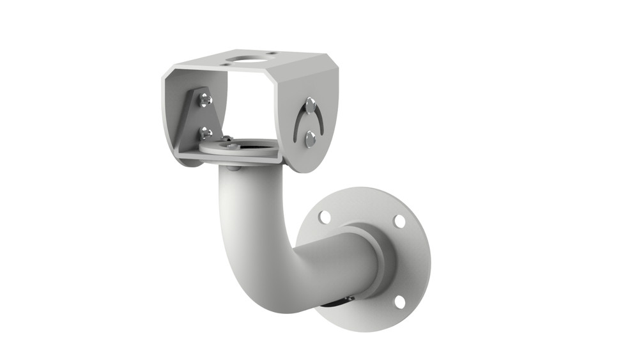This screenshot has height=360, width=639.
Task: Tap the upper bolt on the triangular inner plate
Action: (x=204, y=100)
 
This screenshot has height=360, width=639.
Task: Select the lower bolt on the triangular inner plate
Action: (x=205, y=133)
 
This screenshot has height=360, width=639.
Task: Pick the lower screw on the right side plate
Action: (x=310, y=138)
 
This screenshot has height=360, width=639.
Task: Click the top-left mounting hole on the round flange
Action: (x=325, y=217)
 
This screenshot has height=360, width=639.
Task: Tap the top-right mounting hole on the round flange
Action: (x=399, y=221)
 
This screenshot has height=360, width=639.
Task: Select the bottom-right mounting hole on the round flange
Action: (x=399, y=301)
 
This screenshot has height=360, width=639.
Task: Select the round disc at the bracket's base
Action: (x=238, y=148)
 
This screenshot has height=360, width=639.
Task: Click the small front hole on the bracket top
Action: (x=227, y=63)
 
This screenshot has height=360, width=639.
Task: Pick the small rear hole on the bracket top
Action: (x=271, y=54)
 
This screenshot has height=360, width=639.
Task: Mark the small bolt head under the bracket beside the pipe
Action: (x=234, y=168)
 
